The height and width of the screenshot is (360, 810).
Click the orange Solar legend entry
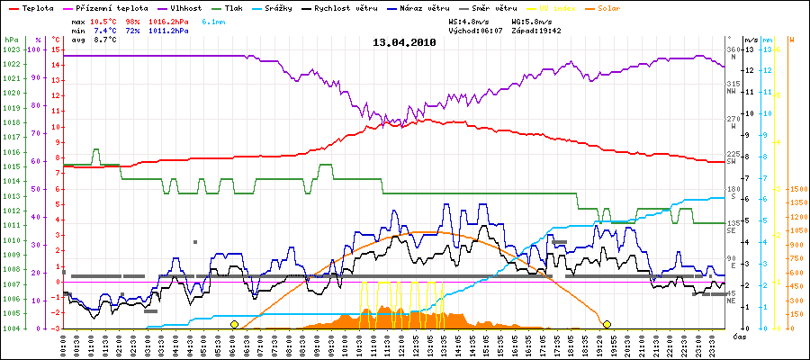609,7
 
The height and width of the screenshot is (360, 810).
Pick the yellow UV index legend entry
559,7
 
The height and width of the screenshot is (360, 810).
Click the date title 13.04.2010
404,41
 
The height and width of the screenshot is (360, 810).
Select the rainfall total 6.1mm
214,20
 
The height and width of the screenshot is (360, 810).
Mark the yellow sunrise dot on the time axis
234,324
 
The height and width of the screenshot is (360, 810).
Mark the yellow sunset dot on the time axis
607,324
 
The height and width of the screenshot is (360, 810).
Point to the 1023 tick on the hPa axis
12,49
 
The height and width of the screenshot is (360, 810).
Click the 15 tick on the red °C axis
56,49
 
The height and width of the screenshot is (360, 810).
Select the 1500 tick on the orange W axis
797,189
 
